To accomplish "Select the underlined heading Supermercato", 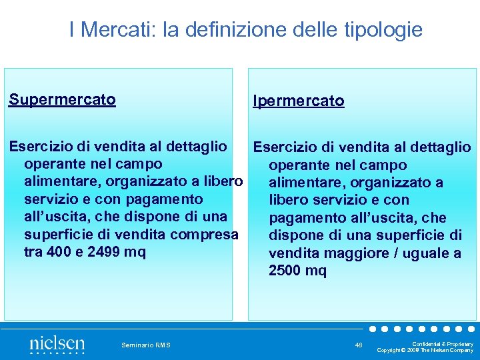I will point(62,100).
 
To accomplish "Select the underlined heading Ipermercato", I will point(298,101).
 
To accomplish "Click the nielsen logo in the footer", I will point(57,345).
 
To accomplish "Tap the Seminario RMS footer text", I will point(146,345).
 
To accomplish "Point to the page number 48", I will point(359,345).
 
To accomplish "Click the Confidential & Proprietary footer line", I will point(447,344).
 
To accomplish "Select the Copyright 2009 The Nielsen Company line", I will point(425,350).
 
